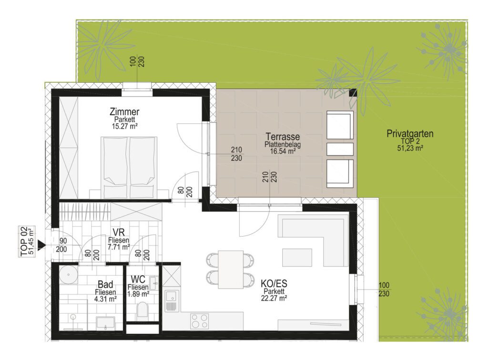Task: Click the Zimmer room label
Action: click(124, 111)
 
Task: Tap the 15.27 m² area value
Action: click(124, 126)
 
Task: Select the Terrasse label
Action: click(283, 137)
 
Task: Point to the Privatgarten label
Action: click(410, 134)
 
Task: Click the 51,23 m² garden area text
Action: click(410, 148)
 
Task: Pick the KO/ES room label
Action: click(274, 283)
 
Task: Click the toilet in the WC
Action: click(142, 310)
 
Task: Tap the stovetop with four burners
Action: click(200, 321)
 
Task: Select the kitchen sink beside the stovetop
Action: click(172, 300)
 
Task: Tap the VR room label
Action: click(119, 232)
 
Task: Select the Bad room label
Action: click(105, 284)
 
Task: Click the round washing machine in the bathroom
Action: click(68, 274)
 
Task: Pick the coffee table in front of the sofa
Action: click(297, 258)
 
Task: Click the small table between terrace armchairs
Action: click(340, 149)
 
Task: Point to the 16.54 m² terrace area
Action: click(283, 151)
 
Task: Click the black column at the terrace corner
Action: click(353, 93)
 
